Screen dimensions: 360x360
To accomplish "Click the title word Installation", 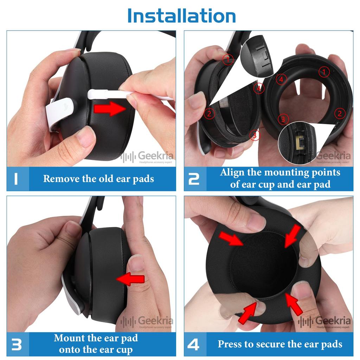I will [x=181, y=15].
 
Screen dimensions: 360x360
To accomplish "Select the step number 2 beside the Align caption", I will [x=194, y=179].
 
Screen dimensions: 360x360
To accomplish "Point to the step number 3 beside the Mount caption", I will [x=17, y=345].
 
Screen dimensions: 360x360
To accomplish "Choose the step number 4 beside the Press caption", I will [x=194, y=345].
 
